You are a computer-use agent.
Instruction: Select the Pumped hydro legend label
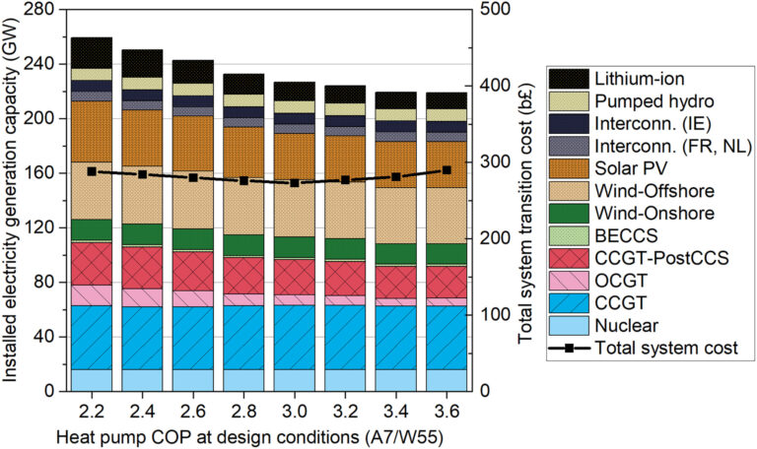[645, 102]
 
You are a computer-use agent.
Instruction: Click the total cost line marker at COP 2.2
[92, 171]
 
